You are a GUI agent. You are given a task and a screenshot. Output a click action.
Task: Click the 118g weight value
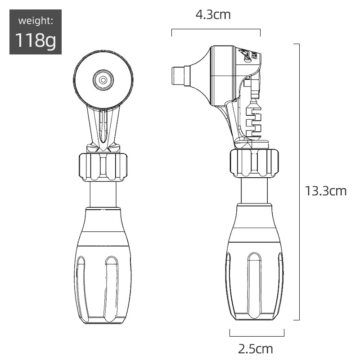click(36, 40)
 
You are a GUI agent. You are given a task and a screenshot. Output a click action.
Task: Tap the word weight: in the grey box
click(36, 21)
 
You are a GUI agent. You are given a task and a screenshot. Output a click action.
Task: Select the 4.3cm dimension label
click(213, 15)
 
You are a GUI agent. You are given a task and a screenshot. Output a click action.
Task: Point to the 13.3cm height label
click(326, 191)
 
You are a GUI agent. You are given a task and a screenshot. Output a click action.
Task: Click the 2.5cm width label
click(256, 348)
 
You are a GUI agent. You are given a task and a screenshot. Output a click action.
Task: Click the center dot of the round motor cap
click(103, 80)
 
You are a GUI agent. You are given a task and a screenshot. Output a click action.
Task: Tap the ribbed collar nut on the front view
click(103, 167)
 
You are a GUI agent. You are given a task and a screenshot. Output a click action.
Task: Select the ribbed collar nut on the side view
click(254, 162)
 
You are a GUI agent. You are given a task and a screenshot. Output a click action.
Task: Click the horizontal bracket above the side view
click(216, 30)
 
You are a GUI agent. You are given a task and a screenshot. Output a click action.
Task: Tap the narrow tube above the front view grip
click(103, 194)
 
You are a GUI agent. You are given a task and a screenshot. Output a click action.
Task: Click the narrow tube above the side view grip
click(255, 190)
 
